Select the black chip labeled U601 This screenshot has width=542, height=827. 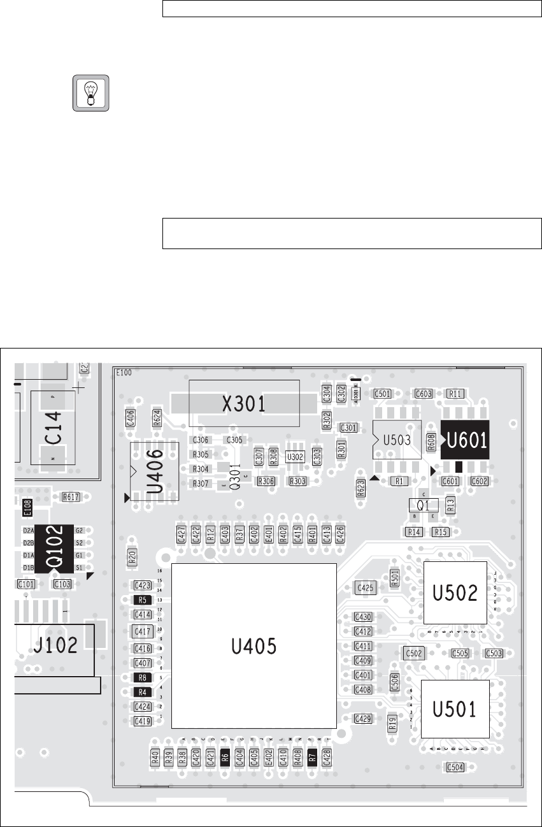[x=464, y=440]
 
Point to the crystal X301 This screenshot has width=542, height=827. [x=244, y=403]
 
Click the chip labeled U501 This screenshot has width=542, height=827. [x=455, y=708]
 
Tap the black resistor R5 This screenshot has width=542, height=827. [x=142, y=600]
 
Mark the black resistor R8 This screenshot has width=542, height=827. [x=142, y=677]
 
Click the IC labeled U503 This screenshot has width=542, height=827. [x=396, y=440]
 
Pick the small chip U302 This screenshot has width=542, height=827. [x=295, y=457]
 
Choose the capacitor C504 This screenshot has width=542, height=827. [x=455, y=767]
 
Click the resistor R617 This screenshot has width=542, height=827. [x=71, y=496]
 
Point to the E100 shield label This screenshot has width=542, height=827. [x=124, y=372]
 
